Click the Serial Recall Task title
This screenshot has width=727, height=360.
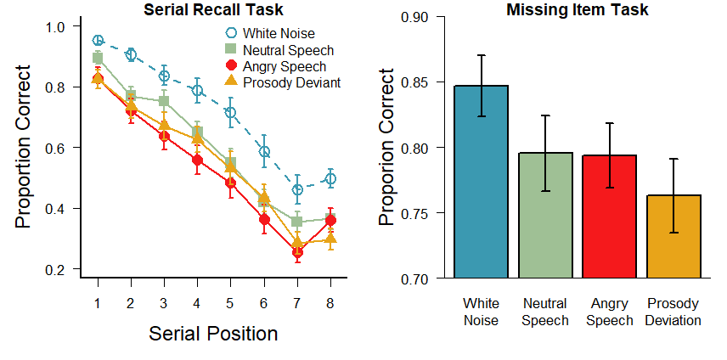pyautogui.click(x=213, y=10)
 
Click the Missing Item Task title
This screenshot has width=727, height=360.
pyautogui.click(x=577, y=10)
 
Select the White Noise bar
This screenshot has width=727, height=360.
pyautogui.click(x=482, y=182)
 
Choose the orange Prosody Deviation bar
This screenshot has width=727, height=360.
pyautogui.click(x=673, y=236)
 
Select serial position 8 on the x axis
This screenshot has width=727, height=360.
pyautogui.click(x=330, y=303)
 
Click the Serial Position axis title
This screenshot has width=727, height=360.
pyautogui.click(x=213, y=334)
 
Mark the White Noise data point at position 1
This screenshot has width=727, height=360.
pyautogui.click(x=98, y=40)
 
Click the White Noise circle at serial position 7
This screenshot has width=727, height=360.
pyautogui.click(x=297, y=190)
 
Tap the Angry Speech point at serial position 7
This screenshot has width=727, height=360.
pyautogui.click(x=297, y=252)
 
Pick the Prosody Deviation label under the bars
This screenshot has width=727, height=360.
pyautogui.click(x=673, y=312)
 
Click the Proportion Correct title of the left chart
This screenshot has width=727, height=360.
pyautogui.click(x=24, y=149)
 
